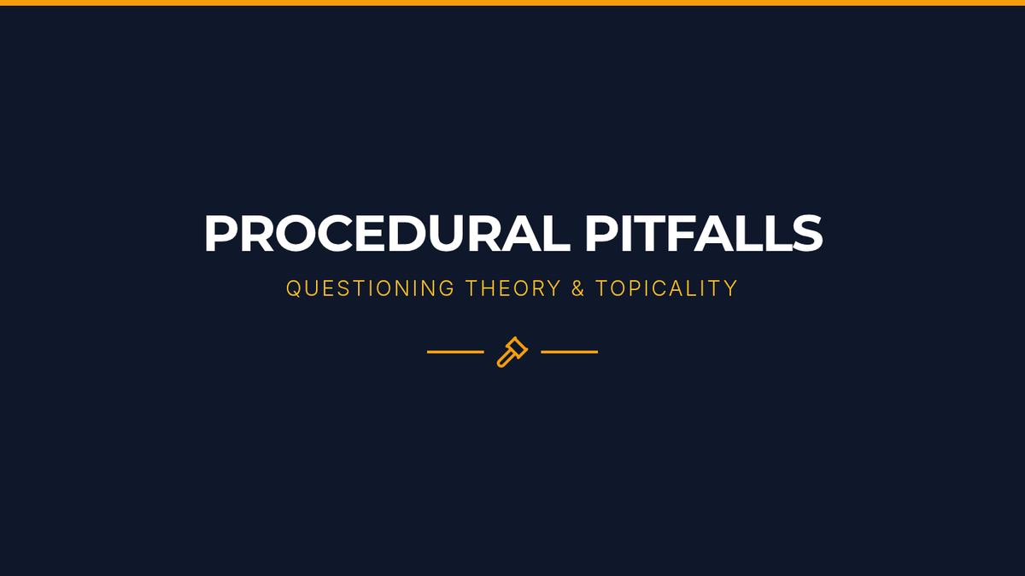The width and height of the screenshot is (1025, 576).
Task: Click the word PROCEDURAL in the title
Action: [x=387, y=233]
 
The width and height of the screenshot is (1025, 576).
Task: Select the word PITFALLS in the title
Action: [x=704, y=233]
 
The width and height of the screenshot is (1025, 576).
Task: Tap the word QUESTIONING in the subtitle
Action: [x=370, y=288]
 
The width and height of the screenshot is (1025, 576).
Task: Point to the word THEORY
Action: [x=513, y=288]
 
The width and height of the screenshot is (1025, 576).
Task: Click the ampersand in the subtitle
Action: [x=578, y=288]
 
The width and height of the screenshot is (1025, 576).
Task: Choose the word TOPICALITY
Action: [x=667, y=288]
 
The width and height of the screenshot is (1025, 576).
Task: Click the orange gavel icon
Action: [x=512, y=352]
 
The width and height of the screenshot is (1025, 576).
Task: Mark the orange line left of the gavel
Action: [x=455, y=352]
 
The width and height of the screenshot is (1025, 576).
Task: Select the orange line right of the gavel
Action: [x=569, y=352]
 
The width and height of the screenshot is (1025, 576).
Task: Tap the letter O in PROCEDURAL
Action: [x=296, y=233]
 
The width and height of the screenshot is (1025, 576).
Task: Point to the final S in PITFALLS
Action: [x=808, y=233]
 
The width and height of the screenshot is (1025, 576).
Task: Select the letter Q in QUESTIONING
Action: [x=293, y=289]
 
